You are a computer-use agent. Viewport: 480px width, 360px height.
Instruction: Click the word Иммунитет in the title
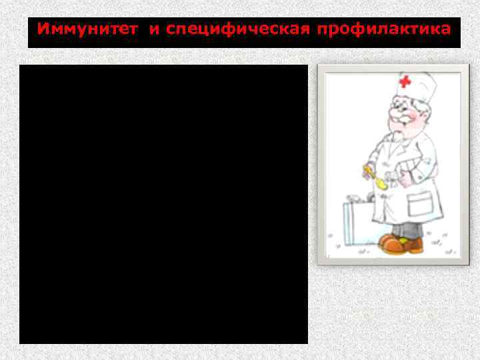pos(89,29)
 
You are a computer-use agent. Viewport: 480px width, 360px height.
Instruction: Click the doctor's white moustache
pos(399,126)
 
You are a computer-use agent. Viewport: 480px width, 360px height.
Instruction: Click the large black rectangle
pos(163,204)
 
